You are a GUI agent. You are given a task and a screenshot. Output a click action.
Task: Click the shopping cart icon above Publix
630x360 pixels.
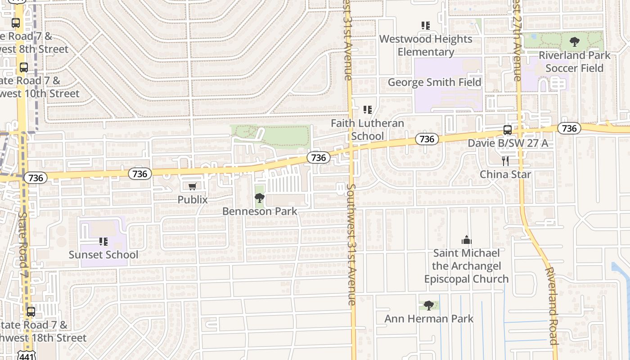tap(193, 186)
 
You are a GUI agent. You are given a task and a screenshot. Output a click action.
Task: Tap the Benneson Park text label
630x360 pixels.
tap(260, 211)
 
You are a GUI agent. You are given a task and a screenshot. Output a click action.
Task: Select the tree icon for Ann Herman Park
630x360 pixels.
tap(429, 306)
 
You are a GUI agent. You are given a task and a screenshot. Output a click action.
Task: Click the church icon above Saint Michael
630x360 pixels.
tap(466, 240)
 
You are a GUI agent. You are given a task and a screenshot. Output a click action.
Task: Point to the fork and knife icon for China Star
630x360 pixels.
tap(505, 161)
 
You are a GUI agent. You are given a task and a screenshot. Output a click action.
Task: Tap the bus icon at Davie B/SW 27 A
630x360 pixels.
tap(508, 130)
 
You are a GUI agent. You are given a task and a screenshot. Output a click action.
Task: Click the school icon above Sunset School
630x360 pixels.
tap(103, 242)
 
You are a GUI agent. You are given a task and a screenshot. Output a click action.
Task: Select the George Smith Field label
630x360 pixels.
tap(434, 82)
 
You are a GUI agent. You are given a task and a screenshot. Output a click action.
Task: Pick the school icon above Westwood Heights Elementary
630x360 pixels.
tap(426, 26)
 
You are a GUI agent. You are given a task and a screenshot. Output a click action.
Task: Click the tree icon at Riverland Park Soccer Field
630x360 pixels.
tap(574, 42)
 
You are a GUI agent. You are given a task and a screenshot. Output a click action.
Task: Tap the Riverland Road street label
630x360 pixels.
tap(552, 306)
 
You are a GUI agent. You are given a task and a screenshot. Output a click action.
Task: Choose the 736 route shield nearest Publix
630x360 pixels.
tap(140, 174)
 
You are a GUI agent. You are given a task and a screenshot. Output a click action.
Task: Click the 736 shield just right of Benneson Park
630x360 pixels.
tap(318, 157)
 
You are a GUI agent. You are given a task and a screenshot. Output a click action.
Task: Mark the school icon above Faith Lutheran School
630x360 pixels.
tap(368, 110)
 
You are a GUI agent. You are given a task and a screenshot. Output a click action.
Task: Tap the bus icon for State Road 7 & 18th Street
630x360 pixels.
tap(31, 311)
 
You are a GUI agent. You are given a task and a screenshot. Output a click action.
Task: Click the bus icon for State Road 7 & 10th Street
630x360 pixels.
tap(24, 67)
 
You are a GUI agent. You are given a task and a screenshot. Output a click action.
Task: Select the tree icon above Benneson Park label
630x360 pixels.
tap(259, 198)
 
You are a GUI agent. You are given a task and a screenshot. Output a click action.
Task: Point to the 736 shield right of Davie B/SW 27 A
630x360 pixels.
tap(569, 129)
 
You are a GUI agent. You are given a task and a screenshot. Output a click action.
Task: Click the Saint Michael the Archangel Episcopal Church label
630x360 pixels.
tap(466, 266)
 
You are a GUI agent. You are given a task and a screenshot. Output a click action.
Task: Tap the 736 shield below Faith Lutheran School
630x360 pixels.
tap(426, 139)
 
